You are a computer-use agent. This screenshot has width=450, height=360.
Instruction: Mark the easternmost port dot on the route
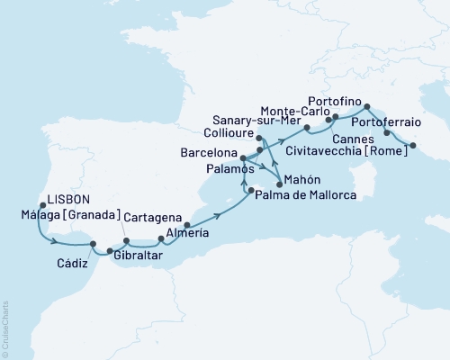pyautogui.click(x=413, y=145)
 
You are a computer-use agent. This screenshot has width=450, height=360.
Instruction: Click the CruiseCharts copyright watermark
pyautogui.click(x=5, y=328)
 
